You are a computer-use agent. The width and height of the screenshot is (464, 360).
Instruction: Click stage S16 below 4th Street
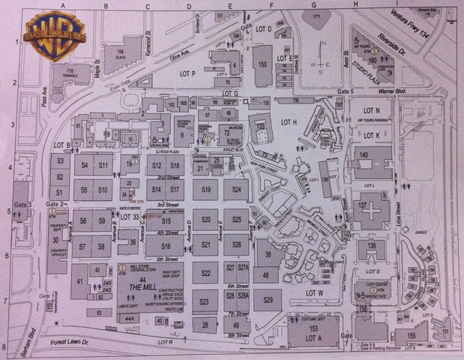point(166,247)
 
